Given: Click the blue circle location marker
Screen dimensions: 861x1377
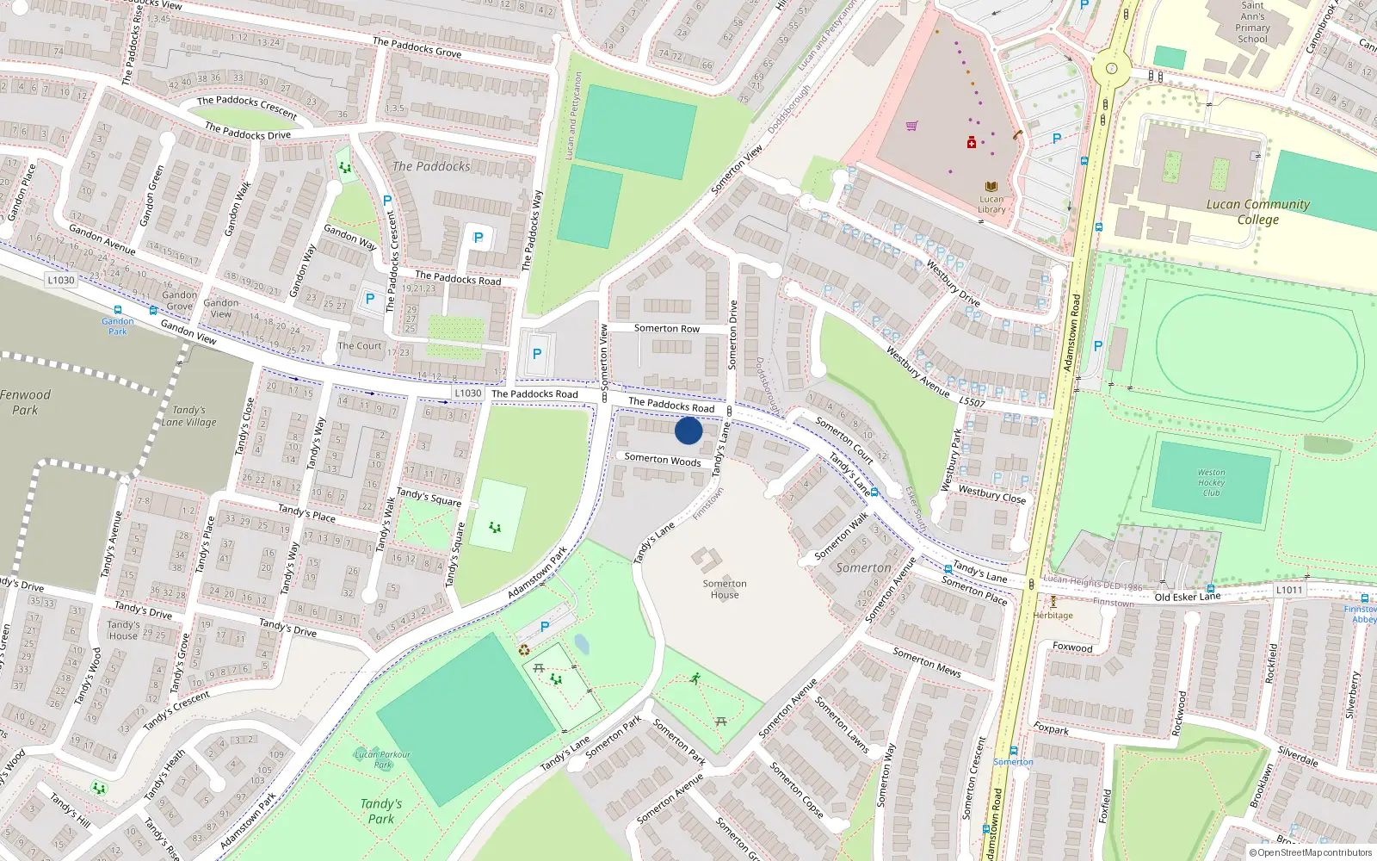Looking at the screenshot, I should (x=688, y=430).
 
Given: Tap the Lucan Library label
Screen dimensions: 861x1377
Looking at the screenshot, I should (x=991, y=204).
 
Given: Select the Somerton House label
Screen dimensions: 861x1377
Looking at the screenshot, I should (x=725, y=589).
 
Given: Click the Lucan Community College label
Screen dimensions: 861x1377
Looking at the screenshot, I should (x=1257, y=212).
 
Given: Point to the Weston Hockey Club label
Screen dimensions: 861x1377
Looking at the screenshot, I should (x=1211, y=482).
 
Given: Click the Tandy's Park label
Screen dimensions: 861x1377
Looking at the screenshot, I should (x=381, y=811).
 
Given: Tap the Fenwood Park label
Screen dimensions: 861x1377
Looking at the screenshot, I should (x=26, y=402).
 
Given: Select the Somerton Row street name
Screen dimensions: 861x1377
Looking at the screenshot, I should (x=667, y=328).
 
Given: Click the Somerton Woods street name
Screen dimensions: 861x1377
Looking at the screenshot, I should (x=663, y=460).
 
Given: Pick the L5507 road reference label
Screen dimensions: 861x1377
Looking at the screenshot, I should (x=972, y=402).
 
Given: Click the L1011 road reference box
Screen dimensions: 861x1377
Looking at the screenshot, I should (x=1289, y=590).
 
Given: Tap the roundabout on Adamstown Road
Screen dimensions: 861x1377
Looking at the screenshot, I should (x=1111, y=69).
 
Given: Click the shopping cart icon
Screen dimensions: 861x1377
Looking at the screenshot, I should (x=911, y=126).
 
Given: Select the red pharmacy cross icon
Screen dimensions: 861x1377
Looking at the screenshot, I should (x=972, y=143).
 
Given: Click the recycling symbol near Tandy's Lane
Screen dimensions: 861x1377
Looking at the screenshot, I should (x=524, y=649).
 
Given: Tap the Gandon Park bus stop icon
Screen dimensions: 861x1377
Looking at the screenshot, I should (x=117, y=311).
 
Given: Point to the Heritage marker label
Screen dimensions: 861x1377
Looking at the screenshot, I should (x=1053, y=615).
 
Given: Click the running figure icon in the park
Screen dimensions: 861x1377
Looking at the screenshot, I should (x=695, y=678).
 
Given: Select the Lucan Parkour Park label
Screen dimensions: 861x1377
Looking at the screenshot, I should (x=383, y=759).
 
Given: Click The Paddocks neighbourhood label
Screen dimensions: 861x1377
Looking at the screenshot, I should (x=431, y=166).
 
